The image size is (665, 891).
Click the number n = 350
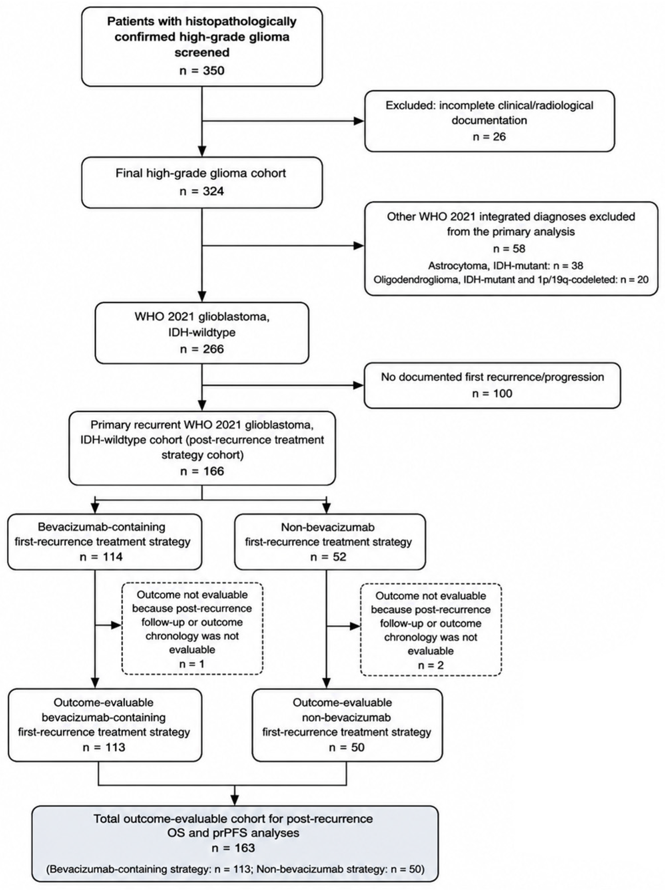pos(202,71)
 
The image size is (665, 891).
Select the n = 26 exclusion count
pos(489,137)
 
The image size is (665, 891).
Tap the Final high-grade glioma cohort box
pos(202,182)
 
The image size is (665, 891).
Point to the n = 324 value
pos(202,191)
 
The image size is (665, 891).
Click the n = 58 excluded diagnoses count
pos(509,249)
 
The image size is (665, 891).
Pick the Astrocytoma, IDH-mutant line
pos(505,266)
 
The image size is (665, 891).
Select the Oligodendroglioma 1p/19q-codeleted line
pos(511,280)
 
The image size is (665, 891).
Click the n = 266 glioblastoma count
pos(202,349)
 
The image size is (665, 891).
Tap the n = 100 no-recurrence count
pos(492,393)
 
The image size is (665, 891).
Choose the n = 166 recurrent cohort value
pos(202,471)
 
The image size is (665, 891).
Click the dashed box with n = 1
pos(192,628)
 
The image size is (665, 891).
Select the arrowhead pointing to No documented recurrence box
pos(359,385)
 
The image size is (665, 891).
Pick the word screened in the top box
pos(202,52)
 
